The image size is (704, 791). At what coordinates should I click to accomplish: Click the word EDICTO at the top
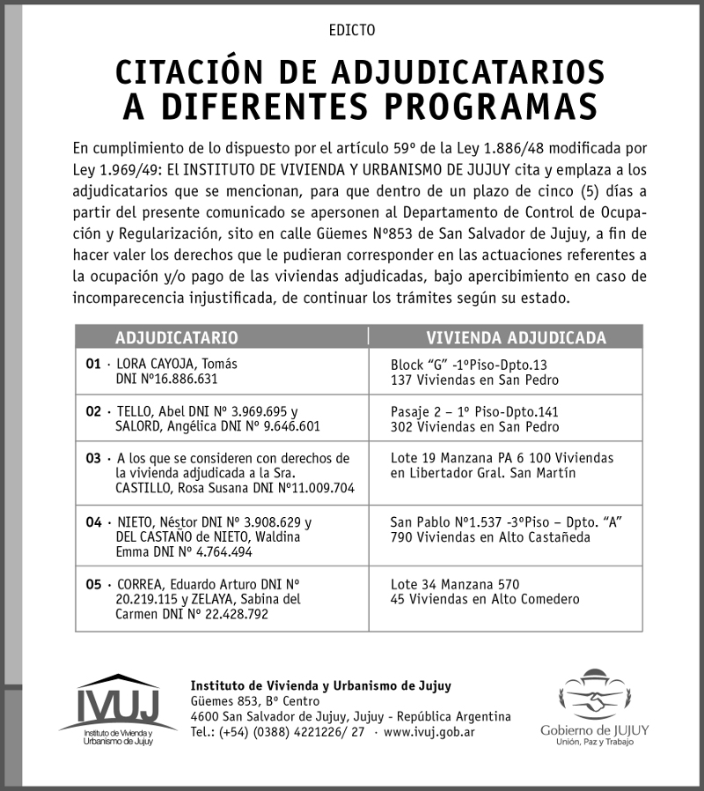tap(351, 30)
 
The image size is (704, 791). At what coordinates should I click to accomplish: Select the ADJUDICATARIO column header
tap(176, 337)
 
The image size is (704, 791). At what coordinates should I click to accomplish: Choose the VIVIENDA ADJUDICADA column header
tap(516, 337)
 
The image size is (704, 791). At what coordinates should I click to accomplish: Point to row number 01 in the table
tap(92, 364)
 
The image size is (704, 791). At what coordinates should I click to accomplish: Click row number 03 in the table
tap(92, 459)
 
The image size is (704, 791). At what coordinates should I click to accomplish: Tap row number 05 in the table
tap(92, 584)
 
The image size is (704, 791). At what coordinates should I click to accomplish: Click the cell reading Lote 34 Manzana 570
tap(455, 584)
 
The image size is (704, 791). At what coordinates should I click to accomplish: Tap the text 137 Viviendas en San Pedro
tap(474, 380)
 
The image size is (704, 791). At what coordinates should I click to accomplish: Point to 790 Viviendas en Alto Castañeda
tap(490, 536)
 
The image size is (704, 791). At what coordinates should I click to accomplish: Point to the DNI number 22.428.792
tap(245, 614)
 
